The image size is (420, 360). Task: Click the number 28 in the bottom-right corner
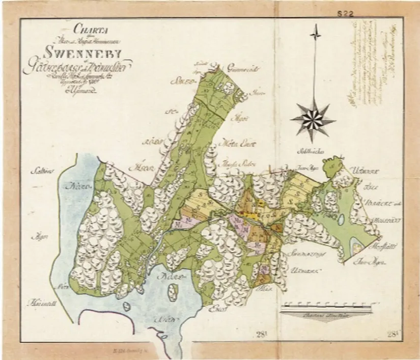(391, 334)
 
